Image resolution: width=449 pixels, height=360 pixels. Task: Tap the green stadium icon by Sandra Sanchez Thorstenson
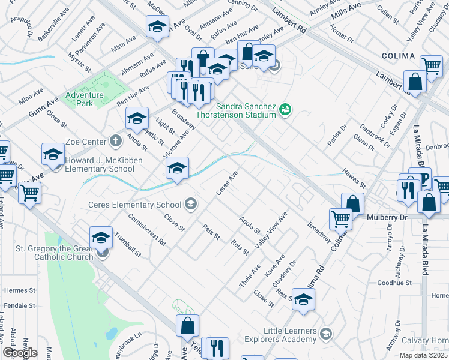pyautogui.click(x=285, y=109)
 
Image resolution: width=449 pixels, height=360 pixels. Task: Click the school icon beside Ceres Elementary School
pyautogui.click(x=190, y=205)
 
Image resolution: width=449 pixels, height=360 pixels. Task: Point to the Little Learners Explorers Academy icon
pyautogui.click(x=325, y=334)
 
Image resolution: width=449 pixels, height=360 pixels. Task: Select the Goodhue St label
pyautogui.click(x=394, y=283)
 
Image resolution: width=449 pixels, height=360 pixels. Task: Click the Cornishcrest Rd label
pyautogui.click(x=147, y=231)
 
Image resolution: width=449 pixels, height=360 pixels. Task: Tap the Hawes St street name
pyautogui.click(x=354, y=177)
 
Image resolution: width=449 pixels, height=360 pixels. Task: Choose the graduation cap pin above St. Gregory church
pyautogui.click(x=101, y=238)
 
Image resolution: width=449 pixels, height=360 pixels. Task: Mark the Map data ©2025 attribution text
pyautogui.click(x=424, y=355)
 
